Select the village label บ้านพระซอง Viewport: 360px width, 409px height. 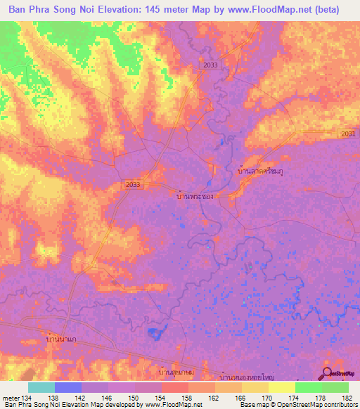tap(194, 197)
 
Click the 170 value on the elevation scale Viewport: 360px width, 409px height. tap(255, 398)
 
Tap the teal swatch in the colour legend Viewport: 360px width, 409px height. tap(41, 387)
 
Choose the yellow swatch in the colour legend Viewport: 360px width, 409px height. tap(281, 387)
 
